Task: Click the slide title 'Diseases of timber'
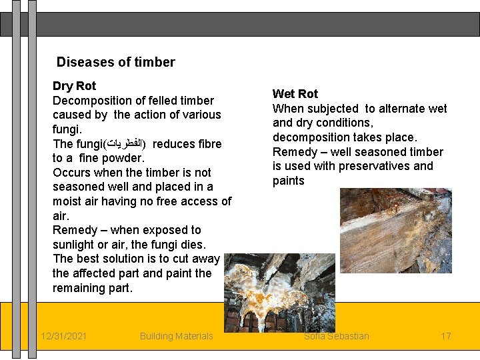tap(115, 63)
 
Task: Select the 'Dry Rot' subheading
tap(74, 86)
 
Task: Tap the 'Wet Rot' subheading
tap(295, 94)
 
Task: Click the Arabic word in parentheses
tap(126, 144)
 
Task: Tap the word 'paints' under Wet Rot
tap(288, 181)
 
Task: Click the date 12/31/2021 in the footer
tap(63, 336)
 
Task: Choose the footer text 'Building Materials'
tap(177, 336)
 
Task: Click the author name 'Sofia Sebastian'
tap(337, 336)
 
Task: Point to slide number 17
tap(446, 336)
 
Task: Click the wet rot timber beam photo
tap(395, 230)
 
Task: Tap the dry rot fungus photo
tap(279, 292)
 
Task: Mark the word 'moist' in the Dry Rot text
tap(67, 201)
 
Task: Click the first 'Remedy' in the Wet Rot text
tap(293, 152)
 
